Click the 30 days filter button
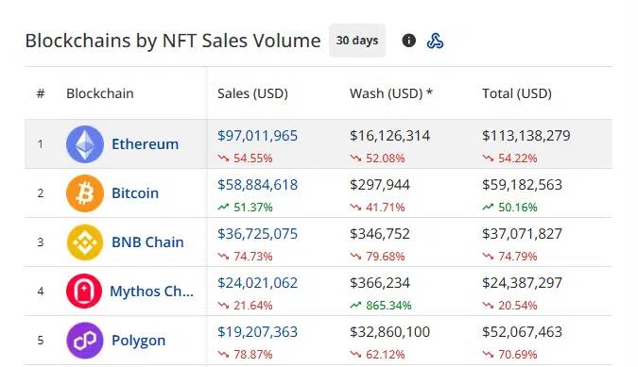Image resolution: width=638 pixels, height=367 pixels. pyautogui.click(x=357, y=41)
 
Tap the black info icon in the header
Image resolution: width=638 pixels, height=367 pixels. pyautogui.click(x=409, y=41)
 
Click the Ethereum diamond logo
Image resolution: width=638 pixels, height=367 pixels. pyautogui.click(x=85, y=144)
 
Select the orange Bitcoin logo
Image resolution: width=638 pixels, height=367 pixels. pyautogui.click(x=85, y=193)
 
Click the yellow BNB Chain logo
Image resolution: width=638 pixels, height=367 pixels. pyautogui.click(x=85, y=242)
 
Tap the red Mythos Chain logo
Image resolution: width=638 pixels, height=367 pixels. pyautogui.click(x=85, y=292)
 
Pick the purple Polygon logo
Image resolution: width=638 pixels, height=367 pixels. pyautogui.click(x=85, y=341)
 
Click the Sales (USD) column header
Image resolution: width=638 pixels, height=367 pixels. pyautogui.click(x=252, y=93)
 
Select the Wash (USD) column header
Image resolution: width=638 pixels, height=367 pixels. pyautogui.click(x=391, y=93)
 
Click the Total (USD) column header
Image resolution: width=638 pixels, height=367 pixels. pyautogui.click(x=516, y=93)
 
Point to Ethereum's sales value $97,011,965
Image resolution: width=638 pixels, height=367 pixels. pyautogui.click(x=257, y=136)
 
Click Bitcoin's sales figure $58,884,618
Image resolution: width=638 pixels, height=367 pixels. pyautogui.click(x=257, y=185)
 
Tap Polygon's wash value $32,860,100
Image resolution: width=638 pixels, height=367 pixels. pyautogui.click(x=389, y=332)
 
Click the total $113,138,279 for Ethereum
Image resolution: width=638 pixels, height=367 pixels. pyautogui.click(x=526, y=136)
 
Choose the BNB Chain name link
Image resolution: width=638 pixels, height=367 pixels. pyautogui.click(x=147, y=242)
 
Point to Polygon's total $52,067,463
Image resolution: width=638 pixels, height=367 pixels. pyautogui.click(x=522, y=332)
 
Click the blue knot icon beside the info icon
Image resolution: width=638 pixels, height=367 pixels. pyautogui.click(x=436, y=41)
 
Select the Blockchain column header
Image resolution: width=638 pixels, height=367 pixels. pyautogui.click(x=99, y=93)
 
